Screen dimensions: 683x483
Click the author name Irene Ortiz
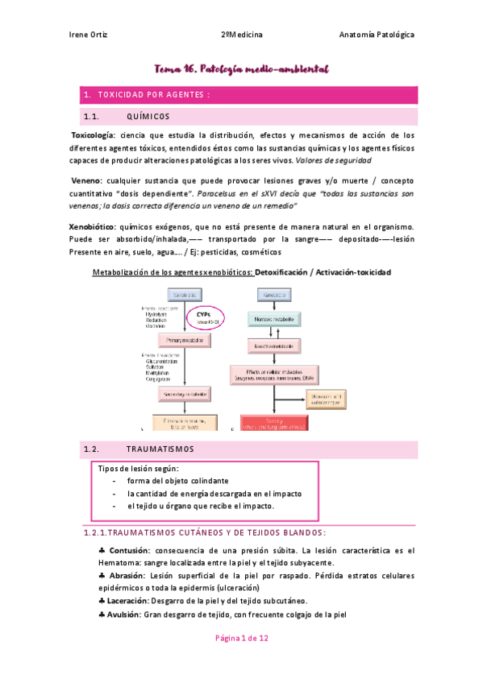click(x=90, y=35)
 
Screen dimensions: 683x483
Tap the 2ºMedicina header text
click(x=242, y=35)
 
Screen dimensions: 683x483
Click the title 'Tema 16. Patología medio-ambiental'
click(x=243, y=71)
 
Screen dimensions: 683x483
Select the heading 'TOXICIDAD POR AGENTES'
click(x=152, y=96)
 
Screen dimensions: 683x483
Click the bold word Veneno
click(x=88, y=180)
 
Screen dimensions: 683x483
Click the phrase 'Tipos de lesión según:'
click(x=139, y=469)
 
